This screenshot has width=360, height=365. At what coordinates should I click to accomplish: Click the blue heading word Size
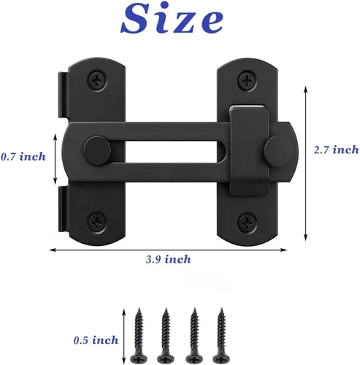coord(172,18)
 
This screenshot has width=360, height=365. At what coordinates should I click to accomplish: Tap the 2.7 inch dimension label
coord(336,150)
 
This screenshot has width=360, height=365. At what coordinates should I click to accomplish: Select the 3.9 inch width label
coord(168,259)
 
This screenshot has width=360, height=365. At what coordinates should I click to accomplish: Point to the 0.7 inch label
coord(23,156)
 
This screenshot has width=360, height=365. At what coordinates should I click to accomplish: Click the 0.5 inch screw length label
coord(96,340)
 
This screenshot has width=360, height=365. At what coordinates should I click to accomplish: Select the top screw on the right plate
coord(248,80)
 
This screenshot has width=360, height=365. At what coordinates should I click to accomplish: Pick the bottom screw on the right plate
coord(247,222)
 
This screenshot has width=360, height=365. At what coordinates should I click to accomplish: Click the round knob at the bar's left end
coord(97,151)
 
